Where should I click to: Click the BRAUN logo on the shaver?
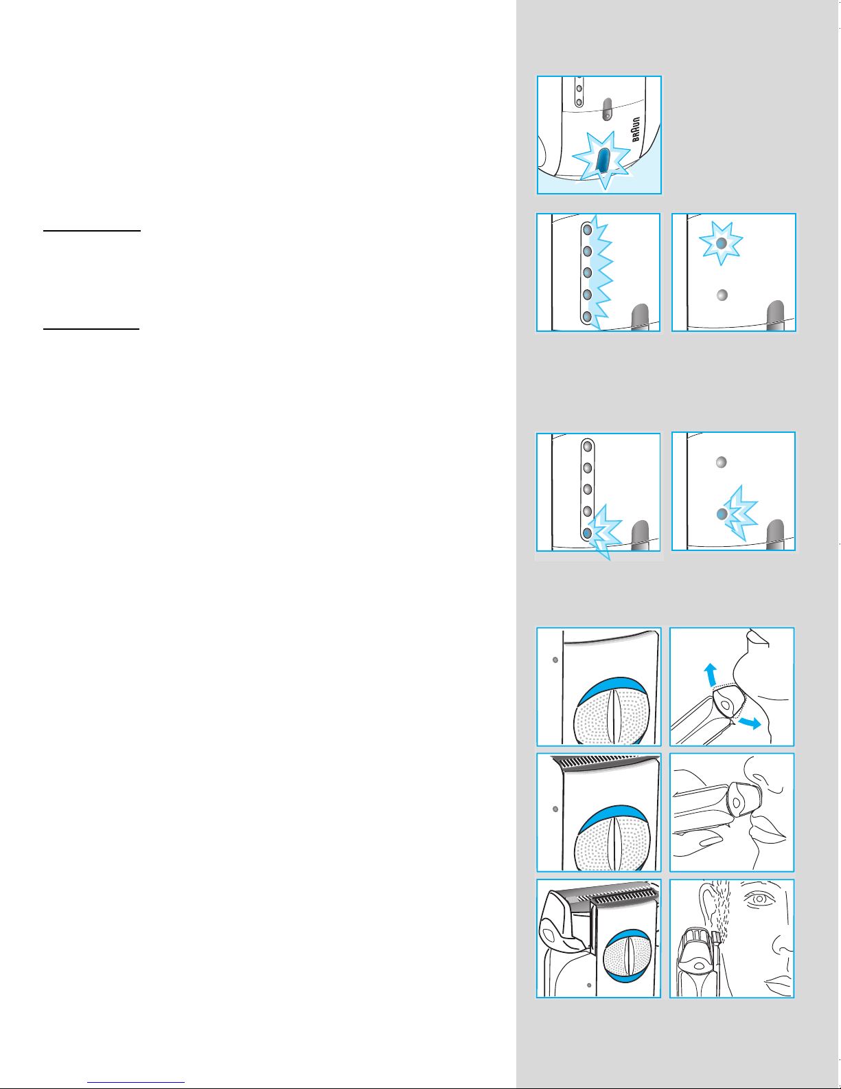[635, 130]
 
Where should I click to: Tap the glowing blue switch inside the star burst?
[603, 161]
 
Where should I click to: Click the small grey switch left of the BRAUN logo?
[607, 109]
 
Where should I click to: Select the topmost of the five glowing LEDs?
[588, 230]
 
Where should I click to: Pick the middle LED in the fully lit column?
[588, 273]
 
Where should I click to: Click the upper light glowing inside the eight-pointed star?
[722, 243]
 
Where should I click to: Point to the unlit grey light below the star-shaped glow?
[722, 295]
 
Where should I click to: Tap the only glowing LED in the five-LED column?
[588, 533]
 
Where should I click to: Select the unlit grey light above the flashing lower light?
[722, 462]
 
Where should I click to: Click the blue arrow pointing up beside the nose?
[711, 674]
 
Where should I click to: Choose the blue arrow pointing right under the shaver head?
[750, 723]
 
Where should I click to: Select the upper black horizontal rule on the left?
[91, 231]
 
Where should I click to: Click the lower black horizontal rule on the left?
[91, 328]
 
